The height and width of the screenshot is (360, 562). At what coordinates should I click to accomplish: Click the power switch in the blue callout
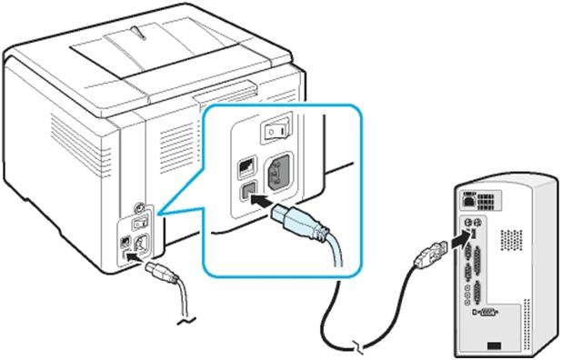tap(276, 131)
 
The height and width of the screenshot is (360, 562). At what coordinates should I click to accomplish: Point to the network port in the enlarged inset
tap(244, 168)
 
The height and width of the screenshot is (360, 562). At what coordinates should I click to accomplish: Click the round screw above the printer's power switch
tap(137, 206)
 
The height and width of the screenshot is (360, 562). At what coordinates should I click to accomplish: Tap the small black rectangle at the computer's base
tap(492, 345)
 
